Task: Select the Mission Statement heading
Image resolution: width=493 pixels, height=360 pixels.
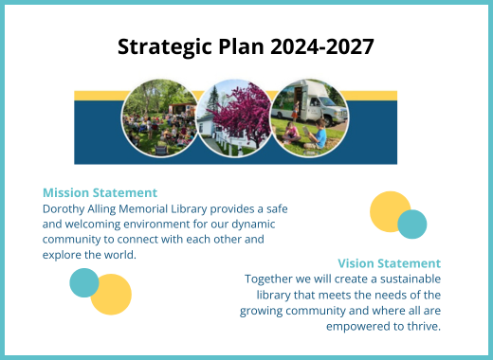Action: (100, 192)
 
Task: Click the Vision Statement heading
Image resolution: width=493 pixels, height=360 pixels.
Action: (389, 262)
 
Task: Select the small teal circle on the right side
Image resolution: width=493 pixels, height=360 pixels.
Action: (411, 225)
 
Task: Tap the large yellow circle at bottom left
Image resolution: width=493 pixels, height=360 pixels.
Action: (111, 294)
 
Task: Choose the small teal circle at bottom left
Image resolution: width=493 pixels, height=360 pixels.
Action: (84, 282)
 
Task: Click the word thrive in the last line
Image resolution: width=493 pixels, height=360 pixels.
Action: (423, 327)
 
